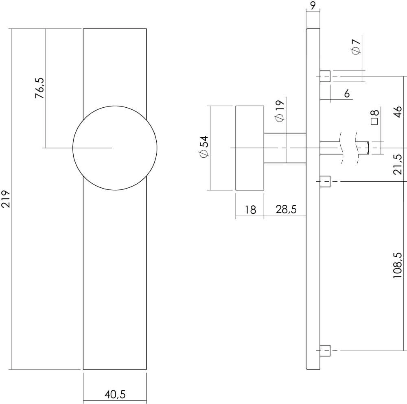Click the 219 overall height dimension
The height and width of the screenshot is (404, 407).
tap(6, 199)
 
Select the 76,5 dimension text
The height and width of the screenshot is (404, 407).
tap(39, 88)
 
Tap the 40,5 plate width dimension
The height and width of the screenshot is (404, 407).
tap(115, 394)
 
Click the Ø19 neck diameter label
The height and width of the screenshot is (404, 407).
tap(279, 111)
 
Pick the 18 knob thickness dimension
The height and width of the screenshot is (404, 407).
tap(250, 209)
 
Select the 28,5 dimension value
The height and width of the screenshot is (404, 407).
tap(286, 209)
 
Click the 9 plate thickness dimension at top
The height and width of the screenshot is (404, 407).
tap(313, 6)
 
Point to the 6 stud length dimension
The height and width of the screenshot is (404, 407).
tap(347, 94)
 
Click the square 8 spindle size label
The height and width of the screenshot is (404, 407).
tap(375, 117)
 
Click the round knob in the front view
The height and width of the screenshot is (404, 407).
tap(115, 148)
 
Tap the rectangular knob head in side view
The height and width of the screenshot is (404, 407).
tap(249, 148)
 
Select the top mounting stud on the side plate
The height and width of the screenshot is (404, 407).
tap(325, 76)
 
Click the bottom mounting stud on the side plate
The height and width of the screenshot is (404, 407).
tap(325, 350)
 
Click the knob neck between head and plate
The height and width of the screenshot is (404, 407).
tap(284, 148)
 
